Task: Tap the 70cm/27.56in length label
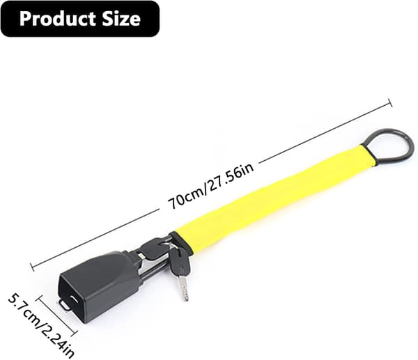tap(210, 186)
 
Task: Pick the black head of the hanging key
tap(178, 262)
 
